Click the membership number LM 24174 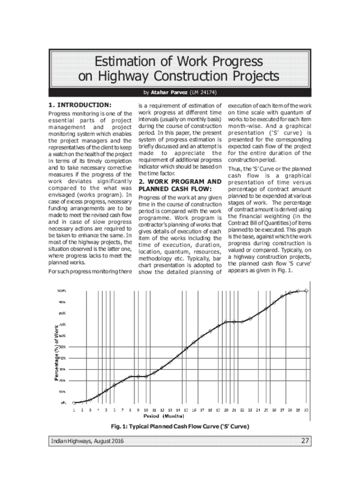[x=205, y=92]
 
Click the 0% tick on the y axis [x=63, y=402]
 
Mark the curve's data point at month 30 [x=306, y=290]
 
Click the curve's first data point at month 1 [x=74, y=402]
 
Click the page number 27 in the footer [x=305, y=442]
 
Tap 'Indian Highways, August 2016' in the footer [x=84, y=443]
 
